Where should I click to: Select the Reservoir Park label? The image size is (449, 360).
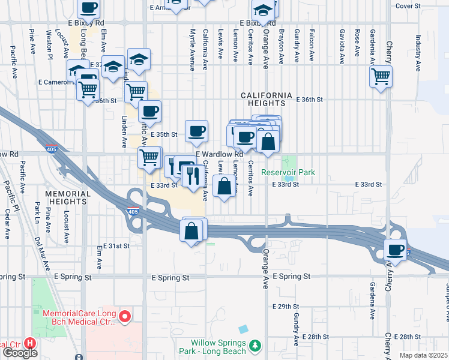click(288, 173)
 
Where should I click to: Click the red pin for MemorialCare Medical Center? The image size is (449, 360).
click(125, 316)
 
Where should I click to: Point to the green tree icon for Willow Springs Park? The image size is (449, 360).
click(256, 346)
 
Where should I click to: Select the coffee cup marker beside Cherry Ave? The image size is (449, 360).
click(395, 249)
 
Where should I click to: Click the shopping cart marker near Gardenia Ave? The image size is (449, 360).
click(381, 76)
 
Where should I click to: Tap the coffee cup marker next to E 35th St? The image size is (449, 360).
click(196, 131)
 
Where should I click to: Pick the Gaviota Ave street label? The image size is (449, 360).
click(342, 46)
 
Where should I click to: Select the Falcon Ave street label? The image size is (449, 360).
click(311, 46)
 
